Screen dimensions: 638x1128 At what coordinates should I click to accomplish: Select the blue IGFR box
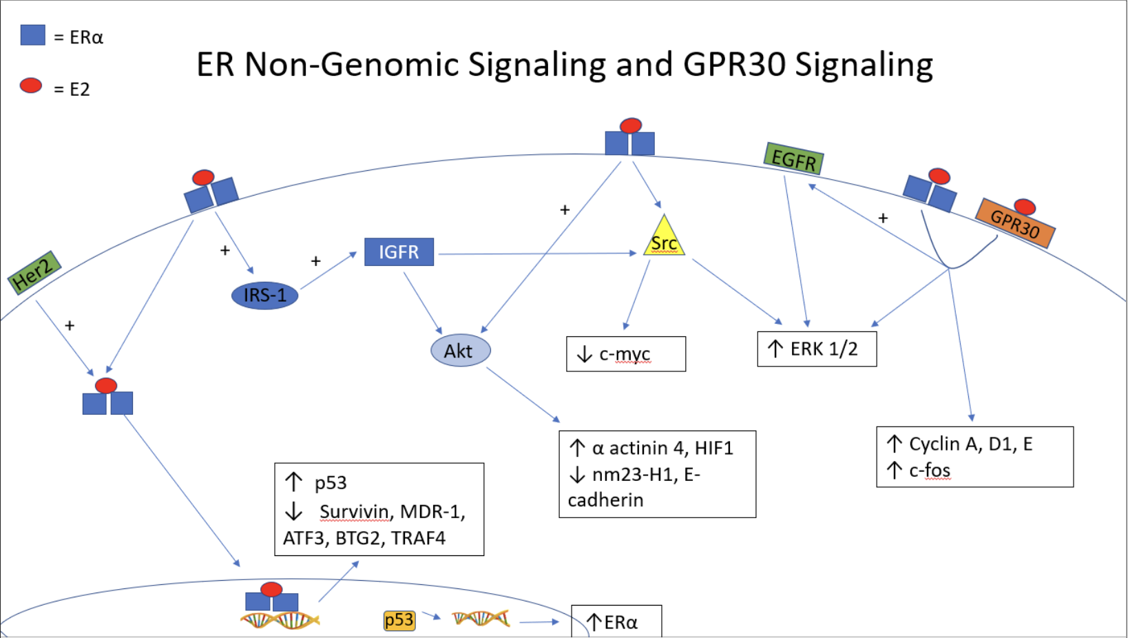coord(399,252)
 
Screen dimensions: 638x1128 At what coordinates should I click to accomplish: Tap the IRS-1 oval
coord(265,296)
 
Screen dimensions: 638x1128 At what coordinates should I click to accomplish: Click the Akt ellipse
coord(460,351)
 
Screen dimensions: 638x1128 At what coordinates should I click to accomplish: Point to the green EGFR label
coord(793,159)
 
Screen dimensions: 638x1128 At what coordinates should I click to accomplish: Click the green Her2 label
coord(34,272)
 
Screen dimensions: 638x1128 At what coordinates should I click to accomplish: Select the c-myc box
coord(625,354)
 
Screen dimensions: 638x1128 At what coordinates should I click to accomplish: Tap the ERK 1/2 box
coord(817,349)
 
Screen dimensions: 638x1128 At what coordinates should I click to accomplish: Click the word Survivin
coord(354,512)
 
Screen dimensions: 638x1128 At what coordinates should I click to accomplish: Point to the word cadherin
coord(605,500)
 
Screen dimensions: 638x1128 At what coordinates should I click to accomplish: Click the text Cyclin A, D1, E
coord(970,444)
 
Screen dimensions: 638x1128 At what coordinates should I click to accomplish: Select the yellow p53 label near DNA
coord(399,621)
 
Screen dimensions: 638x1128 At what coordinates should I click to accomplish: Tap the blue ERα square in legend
coord(32,35)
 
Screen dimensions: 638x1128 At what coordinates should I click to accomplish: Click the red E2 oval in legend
coord(31,85)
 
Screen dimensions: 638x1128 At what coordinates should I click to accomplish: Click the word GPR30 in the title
coord(734,65)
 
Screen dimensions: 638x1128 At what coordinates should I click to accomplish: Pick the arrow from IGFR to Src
coord(537,254)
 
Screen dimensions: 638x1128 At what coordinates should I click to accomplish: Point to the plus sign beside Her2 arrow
coord(70,325)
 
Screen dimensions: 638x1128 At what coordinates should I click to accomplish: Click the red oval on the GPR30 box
coord(1024,206)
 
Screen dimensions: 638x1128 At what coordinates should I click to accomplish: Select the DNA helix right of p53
coord(481,619)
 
